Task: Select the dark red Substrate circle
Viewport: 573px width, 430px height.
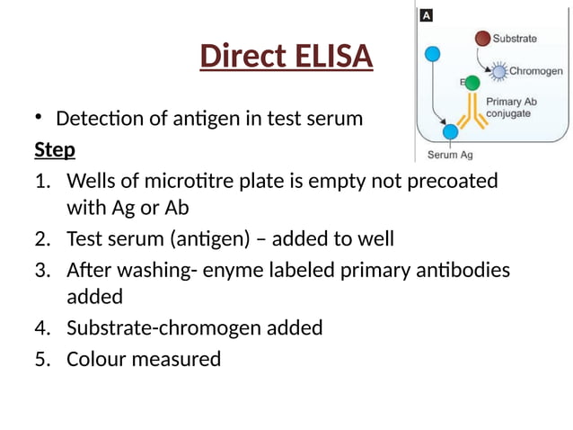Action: coord(483,39)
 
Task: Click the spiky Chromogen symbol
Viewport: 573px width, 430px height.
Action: coord(499,71)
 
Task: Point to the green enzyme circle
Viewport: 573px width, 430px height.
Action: coord(472,83)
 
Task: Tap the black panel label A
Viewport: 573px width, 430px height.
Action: coord(426,15)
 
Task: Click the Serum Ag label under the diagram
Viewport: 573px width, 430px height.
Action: coord(449,155)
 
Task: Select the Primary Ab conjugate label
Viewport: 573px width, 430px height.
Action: coord(509,108)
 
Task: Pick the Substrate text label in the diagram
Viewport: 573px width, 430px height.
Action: coord(516,39)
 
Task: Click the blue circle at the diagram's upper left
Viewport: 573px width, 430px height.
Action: coord(432,54)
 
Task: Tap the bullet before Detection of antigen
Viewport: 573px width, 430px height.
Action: coord(40,117)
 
